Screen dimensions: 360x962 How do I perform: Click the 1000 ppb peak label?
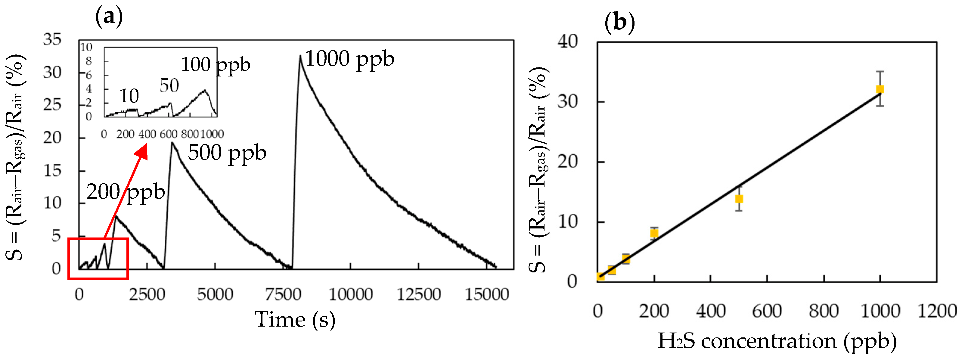point(349,59)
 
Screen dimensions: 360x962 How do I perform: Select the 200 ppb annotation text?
point(126,192)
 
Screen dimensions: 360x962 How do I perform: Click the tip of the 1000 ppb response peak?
point(300,56)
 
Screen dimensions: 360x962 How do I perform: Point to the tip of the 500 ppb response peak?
point(172,143)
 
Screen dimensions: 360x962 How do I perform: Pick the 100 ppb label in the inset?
point(216,65)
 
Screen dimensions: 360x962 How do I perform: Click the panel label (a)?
point(109,17)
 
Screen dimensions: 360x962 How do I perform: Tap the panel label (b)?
point(619,22)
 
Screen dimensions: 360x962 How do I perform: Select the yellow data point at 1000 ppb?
point(880,89)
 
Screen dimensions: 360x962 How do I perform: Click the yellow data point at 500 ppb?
point(739,199)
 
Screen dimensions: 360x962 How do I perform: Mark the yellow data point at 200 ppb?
point(654,233)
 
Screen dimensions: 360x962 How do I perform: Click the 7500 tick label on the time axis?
point(283,295)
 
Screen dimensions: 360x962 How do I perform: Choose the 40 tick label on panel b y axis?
point(568,42)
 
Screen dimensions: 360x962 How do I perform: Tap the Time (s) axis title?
point(295,320)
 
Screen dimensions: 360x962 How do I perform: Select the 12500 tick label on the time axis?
point(419,295)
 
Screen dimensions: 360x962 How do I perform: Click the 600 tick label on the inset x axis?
point(169,134)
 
